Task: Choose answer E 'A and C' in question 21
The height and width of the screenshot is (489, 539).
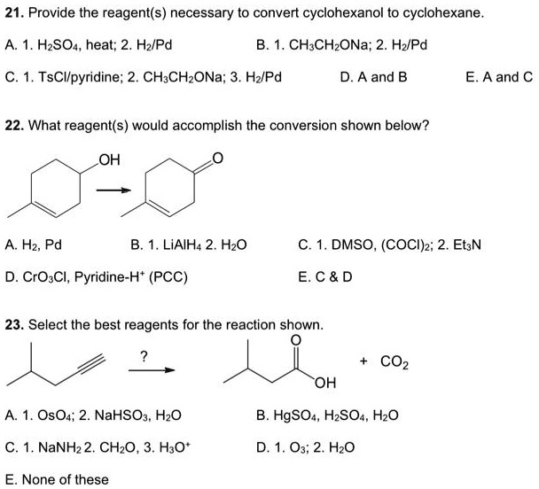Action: coord(499,77)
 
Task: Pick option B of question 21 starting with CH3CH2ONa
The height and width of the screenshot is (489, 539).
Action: coord(354,44)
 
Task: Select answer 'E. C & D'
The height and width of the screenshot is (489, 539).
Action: coord(326,276)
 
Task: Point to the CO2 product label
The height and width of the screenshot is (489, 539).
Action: coord(394,361)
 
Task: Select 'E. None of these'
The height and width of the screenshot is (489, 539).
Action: coord(58,479)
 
